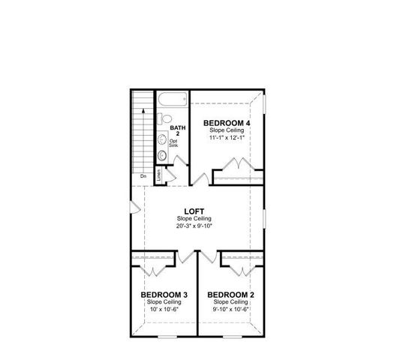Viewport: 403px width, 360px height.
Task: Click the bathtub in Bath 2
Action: pyautogui.click(x=171, y=99)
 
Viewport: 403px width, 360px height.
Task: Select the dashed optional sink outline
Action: pyautogui.click(x=162, y=138)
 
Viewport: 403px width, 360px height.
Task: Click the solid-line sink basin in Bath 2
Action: pyautogui.click(x=162, y=155)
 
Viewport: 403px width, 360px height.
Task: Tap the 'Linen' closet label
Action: pyautogui.click(x=159, y=175)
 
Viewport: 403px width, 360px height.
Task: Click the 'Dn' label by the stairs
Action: pyautogui.click(x=143, y=176)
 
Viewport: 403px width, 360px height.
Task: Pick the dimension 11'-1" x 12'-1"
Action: pyautogui.click(x=227, y=138)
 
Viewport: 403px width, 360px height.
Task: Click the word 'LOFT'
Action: pyautogui.click(x=197, y=211)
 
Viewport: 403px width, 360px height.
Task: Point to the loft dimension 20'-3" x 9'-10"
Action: pyautogui.click(x=197, y=226)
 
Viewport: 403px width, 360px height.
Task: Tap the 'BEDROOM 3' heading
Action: pyautogui.click(x=163, y=295)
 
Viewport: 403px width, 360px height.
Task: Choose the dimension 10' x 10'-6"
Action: pyautogui.click(x=163, y=309)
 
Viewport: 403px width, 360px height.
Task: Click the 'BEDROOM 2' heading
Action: pyautogui.click(x=230, y=295)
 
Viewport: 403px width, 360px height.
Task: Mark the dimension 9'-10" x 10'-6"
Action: pyautogui.click(x=230, y=309)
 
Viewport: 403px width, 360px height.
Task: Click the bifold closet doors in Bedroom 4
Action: pyautogui.click(x=239, y=166)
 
